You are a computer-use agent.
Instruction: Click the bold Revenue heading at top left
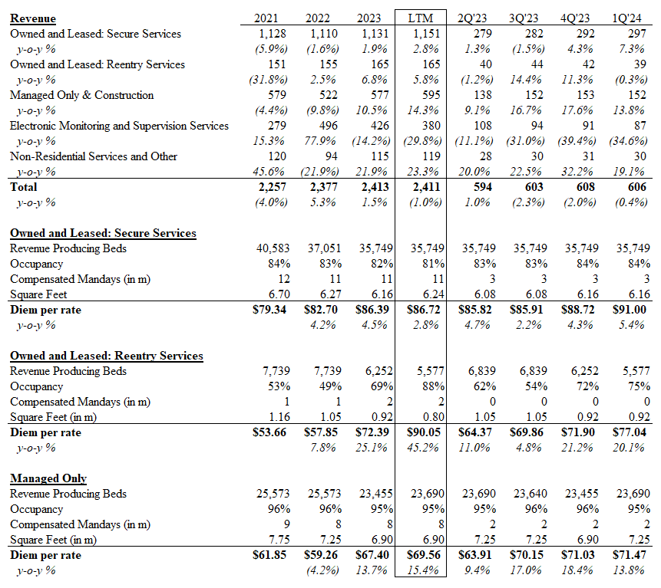pyautogui.click(x=33, y=18)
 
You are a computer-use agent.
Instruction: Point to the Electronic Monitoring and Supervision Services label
pyautogui.click(x=119, y=126)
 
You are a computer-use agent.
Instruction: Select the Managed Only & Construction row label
pyautogui.click(x=81, y=95)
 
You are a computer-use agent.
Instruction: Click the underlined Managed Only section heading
pyautogui.click(x=48, y=478)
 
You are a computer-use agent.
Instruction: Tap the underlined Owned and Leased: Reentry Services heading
pyautogui.click(x=106, y=356)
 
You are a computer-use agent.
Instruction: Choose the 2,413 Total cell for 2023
pyautogui.click(x=373, y=187)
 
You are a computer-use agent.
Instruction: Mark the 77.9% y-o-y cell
pyautogui.click(x=323, y=141)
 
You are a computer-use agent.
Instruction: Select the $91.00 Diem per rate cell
pyautogui.click(x=631, y=310)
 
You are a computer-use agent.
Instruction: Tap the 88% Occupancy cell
pyautogui.click(x=431, y=386)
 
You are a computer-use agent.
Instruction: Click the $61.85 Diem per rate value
pyautogui.click(x=269, y=555)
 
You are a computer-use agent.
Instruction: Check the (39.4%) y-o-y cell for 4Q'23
pyautogui.click(x=579, y=141)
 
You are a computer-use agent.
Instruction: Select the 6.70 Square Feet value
pyautogui.click(x=275, y=294)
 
